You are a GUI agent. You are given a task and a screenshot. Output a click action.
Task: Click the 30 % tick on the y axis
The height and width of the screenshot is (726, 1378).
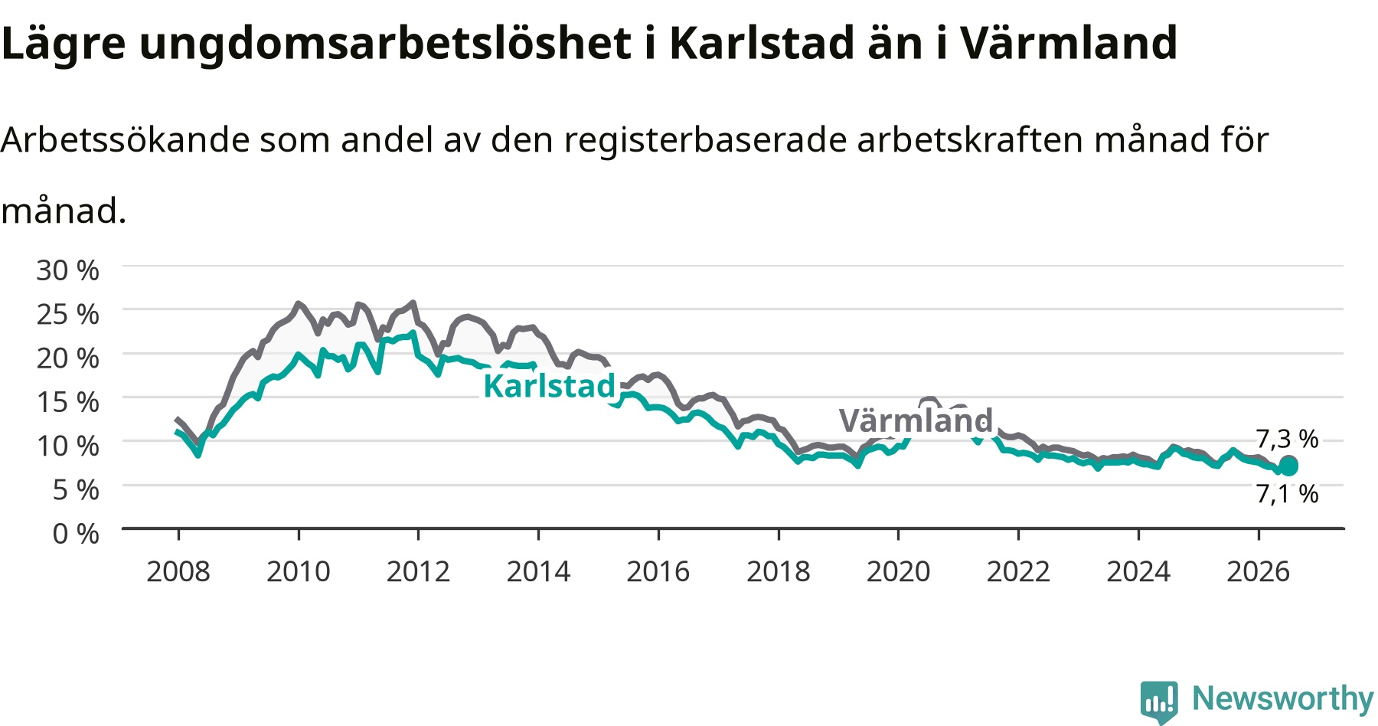click(x=67, y=270)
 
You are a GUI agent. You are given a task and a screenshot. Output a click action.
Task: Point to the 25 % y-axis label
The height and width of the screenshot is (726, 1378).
click(x=67, y=314)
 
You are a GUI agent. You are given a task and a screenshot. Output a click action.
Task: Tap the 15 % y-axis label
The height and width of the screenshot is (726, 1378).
click(x=67, y=401)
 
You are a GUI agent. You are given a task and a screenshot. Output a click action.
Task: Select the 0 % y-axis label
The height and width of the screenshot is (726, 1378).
click(x=76, y=533)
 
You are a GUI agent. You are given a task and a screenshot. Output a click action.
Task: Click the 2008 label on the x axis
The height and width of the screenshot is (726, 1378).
click(x=178, y=571)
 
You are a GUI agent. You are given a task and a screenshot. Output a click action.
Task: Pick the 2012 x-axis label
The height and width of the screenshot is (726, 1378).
click(x=418, y=571)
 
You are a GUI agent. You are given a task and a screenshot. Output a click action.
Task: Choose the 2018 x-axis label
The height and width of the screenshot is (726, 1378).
click(x=778, y=571)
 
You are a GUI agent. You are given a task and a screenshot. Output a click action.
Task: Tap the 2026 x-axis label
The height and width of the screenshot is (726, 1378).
click(x=1259, y=571)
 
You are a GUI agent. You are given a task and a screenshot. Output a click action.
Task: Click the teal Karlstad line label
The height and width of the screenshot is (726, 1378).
click(x=550, y=386)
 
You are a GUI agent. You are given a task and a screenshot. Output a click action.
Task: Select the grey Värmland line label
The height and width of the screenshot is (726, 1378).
click(x=916, y=420)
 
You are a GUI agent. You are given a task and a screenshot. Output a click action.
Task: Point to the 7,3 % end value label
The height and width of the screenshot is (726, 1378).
click(x=1288, y=439)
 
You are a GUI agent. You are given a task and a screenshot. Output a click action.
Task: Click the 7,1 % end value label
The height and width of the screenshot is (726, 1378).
click(x=1288, y=494)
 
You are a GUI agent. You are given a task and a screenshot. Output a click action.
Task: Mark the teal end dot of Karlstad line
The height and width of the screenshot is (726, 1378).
click(x=1289, y=467)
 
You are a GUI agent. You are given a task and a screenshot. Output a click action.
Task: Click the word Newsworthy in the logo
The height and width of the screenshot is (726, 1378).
click(x=1283, y=698)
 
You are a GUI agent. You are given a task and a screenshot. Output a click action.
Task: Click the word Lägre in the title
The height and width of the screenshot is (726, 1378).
click(x=63, y=44)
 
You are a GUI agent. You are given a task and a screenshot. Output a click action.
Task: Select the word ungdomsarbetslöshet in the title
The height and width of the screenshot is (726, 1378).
click(x=386, y=44)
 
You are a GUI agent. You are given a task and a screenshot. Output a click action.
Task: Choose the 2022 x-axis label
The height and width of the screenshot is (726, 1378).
click(x=1018, y=571)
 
